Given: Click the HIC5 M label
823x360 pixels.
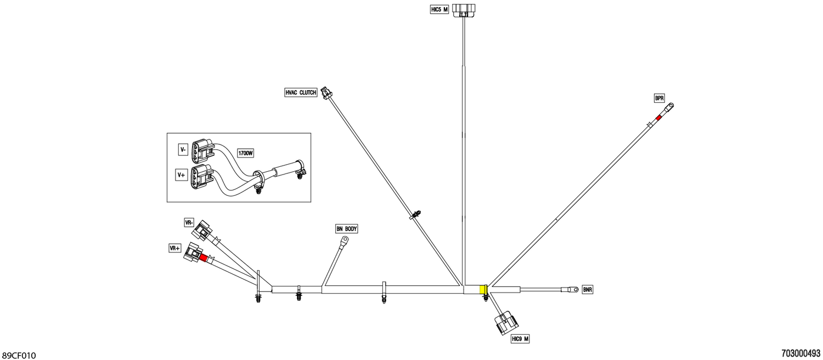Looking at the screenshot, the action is point(439,9).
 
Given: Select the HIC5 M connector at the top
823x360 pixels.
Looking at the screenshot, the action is point(464,10).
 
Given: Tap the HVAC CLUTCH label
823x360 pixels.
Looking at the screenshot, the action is point(301,93).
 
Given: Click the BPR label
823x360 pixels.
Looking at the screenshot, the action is point(659,98).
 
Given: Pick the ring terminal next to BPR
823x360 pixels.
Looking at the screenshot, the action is point(668,108).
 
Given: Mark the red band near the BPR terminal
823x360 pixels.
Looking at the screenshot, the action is point(658,117).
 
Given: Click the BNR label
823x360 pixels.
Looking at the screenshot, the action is point(588,289).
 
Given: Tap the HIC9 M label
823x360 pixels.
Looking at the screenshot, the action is point(520,339).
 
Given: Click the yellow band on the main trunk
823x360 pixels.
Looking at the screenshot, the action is point(483,289).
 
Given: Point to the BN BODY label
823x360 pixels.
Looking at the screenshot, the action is point(346,229).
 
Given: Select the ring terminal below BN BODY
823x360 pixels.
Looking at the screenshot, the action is point(343,241).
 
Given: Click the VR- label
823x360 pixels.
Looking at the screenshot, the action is point(189,222).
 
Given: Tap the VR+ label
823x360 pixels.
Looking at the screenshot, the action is point(175,249).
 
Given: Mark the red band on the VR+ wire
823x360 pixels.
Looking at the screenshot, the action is point(204,257).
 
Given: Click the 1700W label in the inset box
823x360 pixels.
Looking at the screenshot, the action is point(245,153).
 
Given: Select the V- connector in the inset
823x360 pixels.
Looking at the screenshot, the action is point(202,150).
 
